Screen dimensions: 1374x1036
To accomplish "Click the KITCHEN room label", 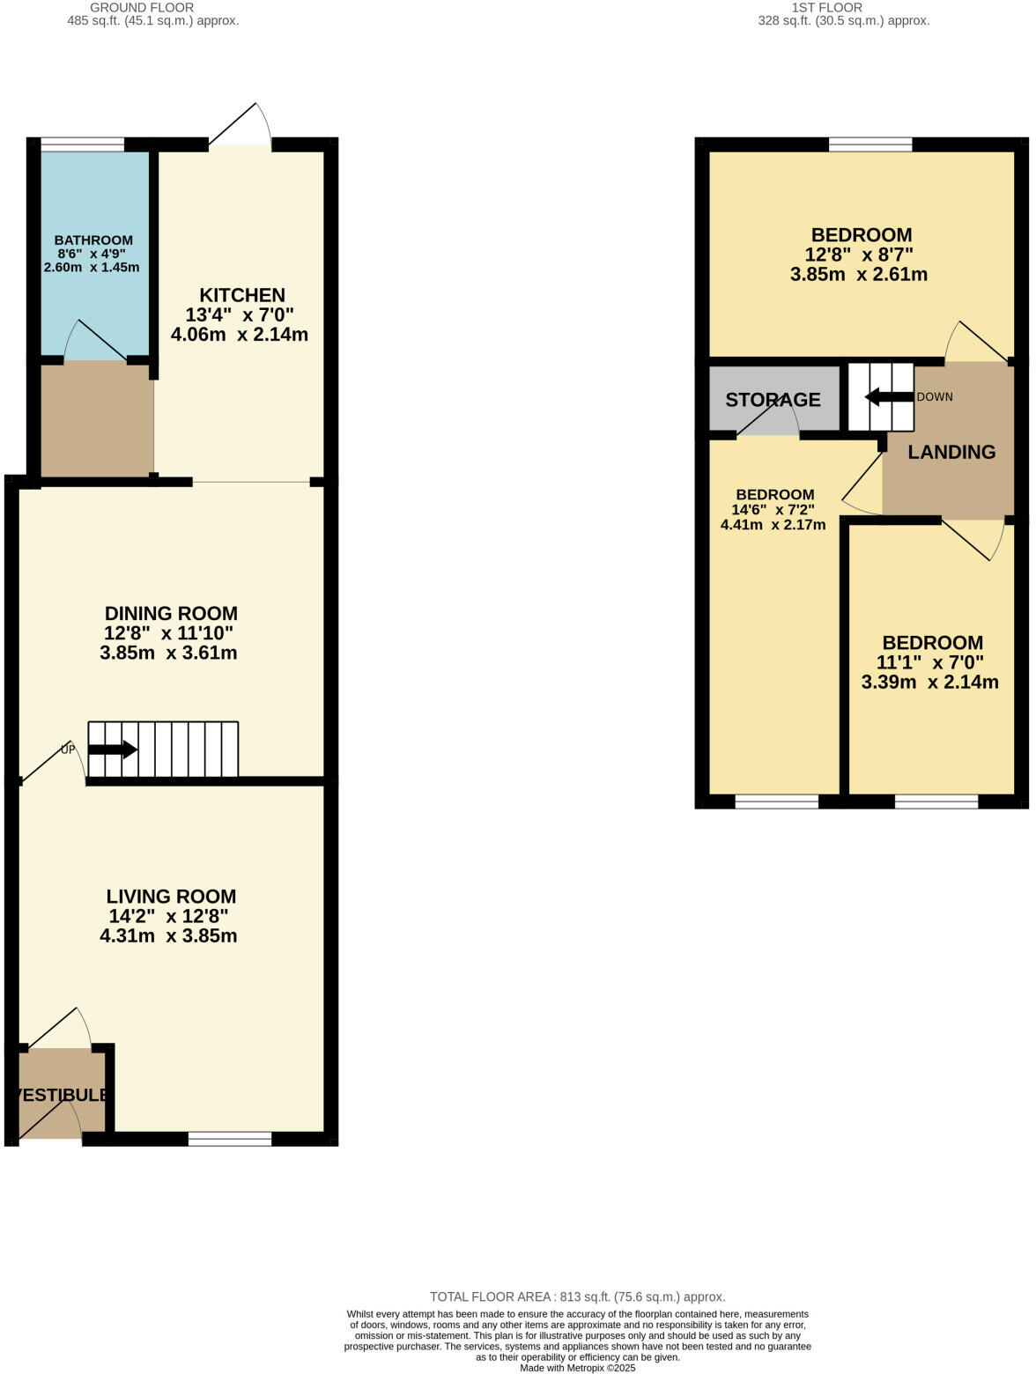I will point(241,295).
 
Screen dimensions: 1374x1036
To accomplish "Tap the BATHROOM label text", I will point(93,240).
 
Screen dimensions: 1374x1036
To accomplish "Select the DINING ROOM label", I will point(171,613).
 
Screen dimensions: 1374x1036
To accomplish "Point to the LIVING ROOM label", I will point(171,896).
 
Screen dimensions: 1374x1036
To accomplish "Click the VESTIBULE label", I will point(61,1095).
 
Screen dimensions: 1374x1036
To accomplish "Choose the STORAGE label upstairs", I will point(773,400).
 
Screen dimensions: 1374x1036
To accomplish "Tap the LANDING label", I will point(951,452).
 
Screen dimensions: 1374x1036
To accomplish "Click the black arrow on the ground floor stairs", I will point(113,750).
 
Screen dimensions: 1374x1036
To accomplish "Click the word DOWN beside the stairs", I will point(935,397).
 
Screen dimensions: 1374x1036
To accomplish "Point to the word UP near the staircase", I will point(68,750).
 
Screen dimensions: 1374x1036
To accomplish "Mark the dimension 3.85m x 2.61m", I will point(858,274).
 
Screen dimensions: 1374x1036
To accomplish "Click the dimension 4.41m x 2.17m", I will point(773,525).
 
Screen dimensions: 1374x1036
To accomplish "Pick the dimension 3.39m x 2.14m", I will point(929,682).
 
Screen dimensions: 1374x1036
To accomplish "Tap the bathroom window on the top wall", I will point(83,144).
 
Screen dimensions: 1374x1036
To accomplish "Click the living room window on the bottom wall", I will point(230,1139).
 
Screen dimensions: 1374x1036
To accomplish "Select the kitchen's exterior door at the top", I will point(240,141).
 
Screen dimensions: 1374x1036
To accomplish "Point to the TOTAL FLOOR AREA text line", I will point(577,1296).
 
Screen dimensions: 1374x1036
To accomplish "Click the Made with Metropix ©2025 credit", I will point(577,1368).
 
